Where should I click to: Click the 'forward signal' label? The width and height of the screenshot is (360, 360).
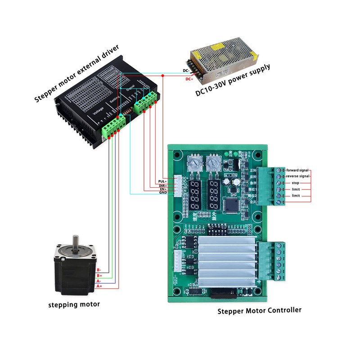[297, 170]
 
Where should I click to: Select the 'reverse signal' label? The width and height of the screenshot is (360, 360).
[297, 176]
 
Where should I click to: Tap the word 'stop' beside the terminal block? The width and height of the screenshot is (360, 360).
[295, 183]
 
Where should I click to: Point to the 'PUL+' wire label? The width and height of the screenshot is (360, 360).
[162, 180]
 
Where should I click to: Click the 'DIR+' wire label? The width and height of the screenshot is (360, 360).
[162, 185]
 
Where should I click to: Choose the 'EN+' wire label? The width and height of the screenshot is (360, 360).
[163, 189]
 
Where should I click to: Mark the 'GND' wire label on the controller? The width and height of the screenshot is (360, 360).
[163, 193]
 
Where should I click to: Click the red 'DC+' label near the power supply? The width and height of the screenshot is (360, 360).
[190, 79]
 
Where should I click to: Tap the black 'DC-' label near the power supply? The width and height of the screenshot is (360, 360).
[186, 71]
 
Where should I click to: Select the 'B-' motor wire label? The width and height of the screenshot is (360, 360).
[99, 270]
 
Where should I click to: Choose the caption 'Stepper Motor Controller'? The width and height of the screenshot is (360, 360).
[260, 310]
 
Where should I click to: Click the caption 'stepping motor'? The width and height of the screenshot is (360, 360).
[74, 305]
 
